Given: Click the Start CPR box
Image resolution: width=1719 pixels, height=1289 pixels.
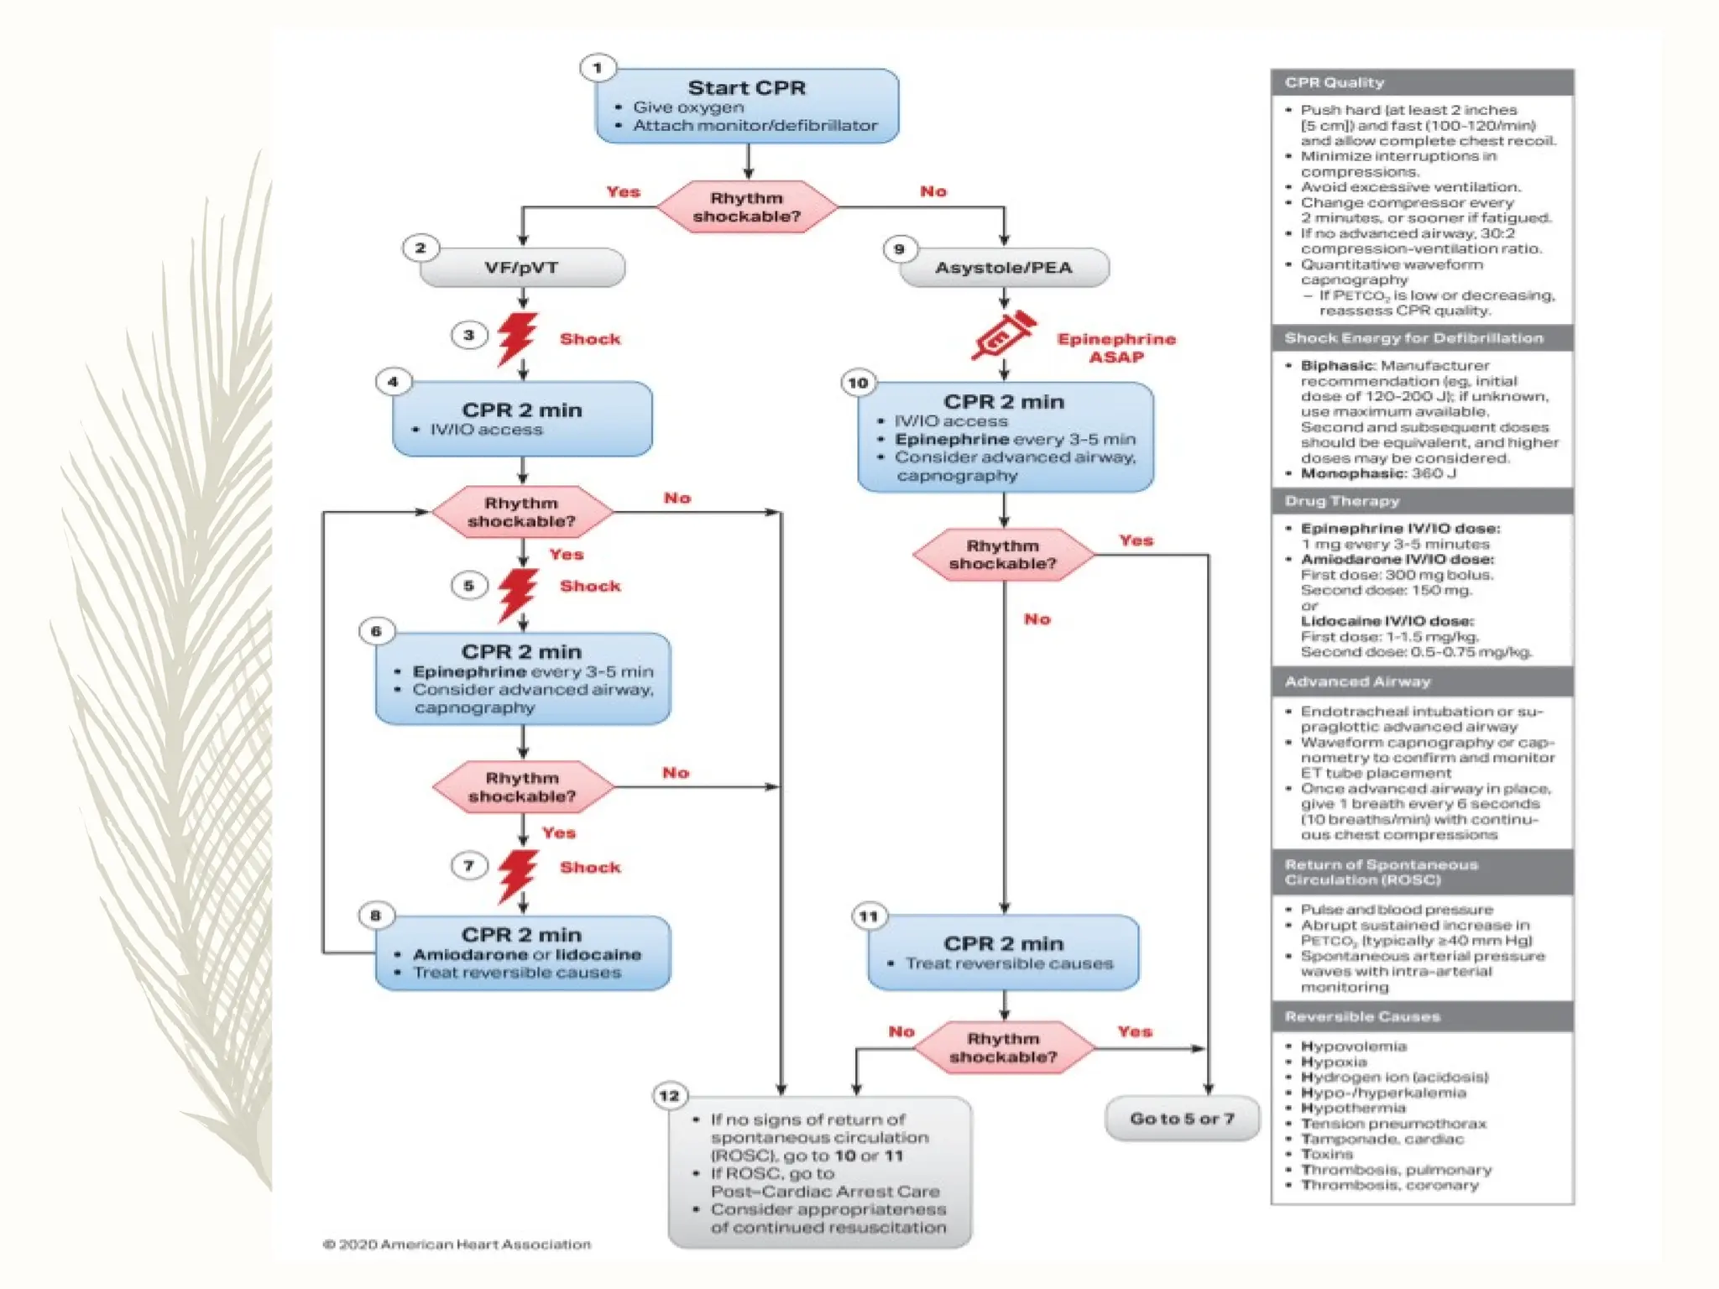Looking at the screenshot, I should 746,106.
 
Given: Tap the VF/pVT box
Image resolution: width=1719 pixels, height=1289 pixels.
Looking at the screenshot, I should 522,268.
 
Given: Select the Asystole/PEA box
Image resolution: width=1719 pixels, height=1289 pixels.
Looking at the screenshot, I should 1004,268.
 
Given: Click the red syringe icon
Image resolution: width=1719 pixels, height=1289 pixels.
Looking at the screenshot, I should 1003,336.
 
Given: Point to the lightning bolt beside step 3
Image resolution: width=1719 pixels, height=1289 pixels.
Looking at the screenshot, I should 516,338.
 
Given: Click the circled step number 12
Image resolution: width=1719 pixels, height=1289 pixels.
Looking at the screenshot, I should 670,1096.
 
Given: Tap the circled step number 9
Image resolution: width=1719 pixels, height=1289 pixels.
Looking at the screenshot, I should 900,249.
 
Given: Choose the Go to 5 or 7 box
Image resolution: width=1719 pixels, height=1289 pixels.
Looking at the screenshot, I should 1182,1119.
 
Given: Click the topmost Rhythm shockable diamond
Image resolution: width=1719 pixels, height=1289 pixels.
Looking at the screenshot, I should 746,207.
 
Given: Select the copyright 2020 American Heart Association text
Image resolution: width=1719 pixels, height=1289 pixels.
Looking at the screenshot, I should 457,1245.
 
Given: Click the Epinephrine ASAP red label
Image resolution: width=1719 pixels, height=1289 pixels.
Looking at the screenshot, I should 1116,347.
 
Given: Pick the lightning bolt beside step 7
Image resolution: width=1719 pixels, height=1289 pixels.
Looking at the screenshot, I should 517,875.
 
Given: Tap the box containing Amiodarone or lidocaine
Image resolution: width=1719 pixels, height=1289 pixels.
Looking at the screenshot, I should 522,953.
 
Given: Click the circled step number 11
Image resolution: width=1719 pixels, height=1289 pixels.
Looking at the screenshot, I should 869,916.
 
